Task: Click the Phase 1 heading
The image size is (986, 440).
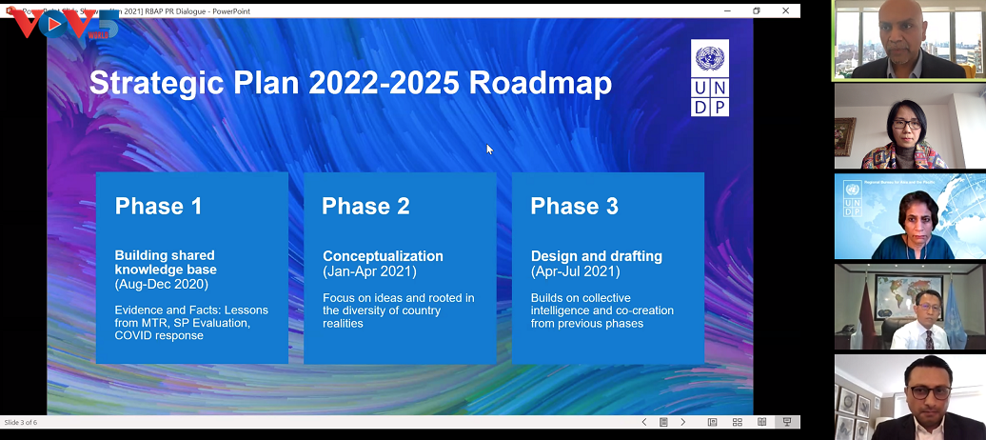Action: click(158, 206)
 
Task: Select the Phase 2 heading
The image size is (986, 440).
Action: click(365, 206)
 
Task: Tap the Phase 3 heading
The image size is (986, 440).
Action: click(574, 206)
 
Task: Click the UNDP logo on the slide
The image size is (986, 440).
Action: click(710, 78)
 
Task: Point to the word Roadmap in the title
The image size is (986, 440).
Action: click(540, 83)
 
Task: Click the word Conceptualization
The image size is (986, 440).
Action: click(383, 256)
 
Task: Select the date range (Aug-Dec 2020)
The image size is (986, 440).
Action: click(160, 284)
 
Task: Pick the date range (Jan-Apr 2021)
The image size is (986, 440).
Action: click(369, 271)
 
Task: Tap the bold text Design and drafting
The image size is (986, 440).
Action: click(596, 256)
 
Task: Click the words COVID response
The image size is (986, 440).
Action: click(159, 335)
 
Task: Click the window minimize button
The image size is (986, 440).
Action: click(727, 10)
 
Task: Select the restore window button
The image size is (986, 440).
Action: click(757, 10)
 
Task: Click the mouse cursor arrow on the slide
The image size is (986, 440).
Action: click(489, 149)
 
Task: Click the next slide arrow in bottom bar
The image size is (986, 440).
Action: click(682, 422)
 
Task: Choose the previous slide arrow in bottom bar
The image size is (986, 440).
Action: click(644, 422)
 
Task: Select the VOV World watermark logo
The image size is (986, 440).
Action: click(61, 24)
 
